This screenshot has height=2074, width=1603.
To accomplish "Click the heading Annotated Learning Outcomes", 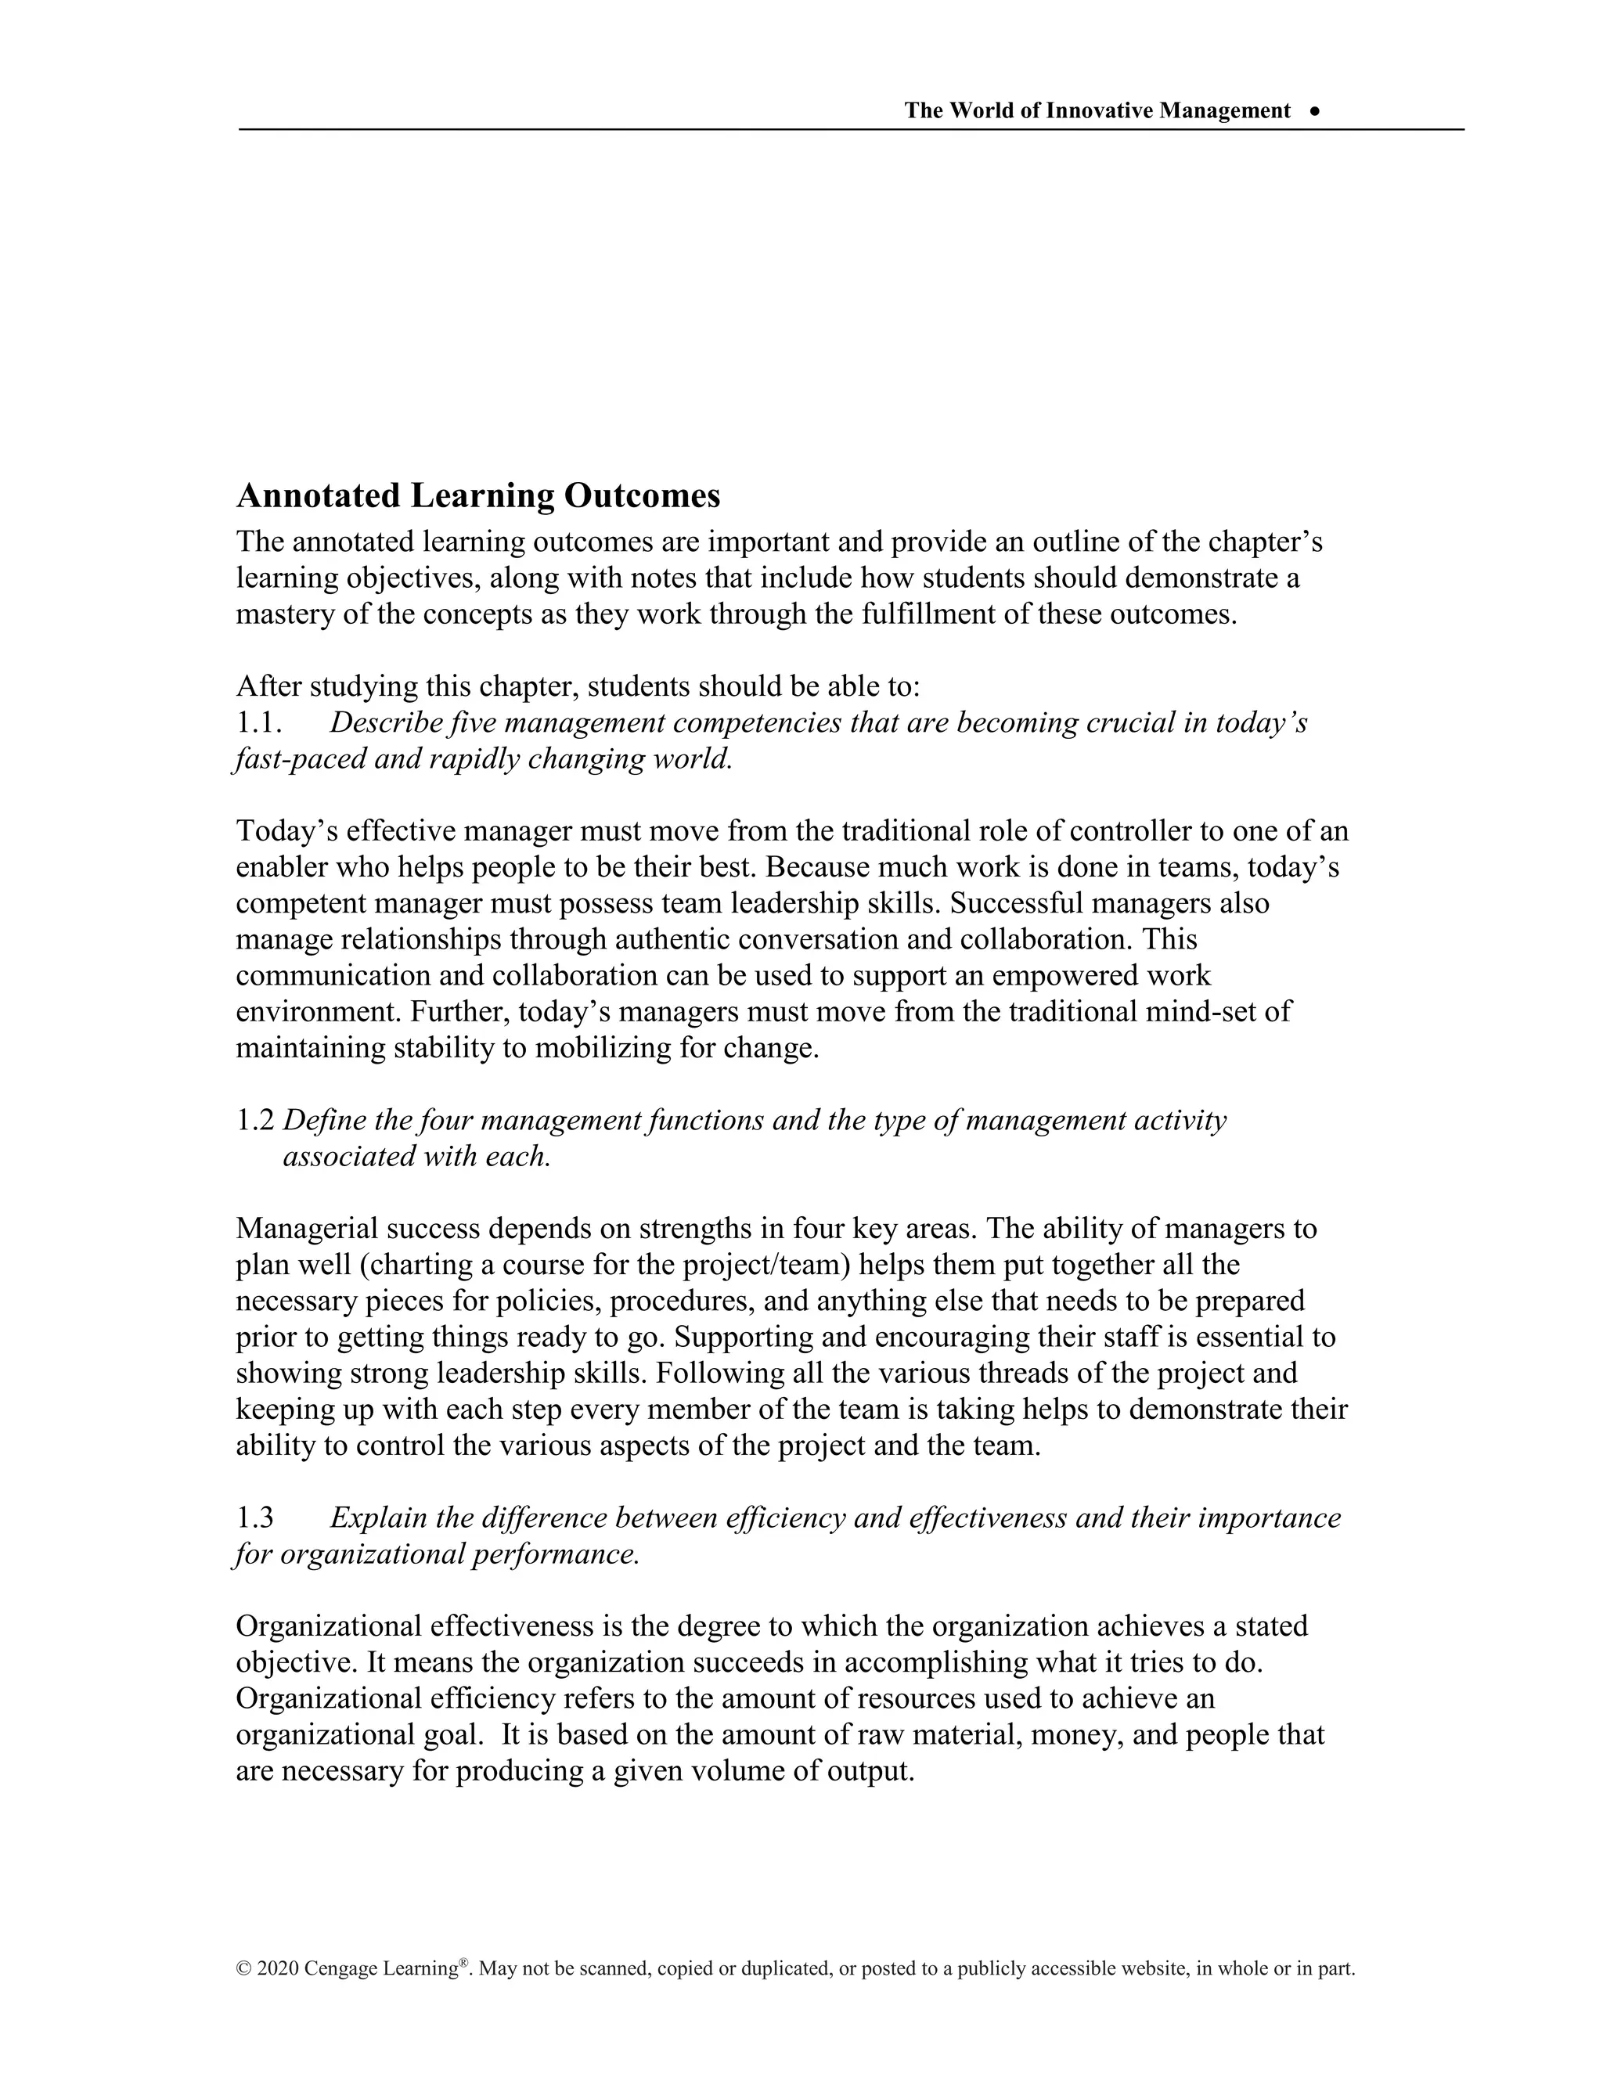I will pyautogui.click(x=477, y=495).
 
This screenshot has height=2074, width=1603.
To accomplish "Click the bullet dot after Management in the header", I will pyautogui.click(x=1314, y=111).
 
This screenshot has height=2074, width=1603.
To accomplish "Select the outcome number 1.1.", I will pyautogui.click(x=259, y=724).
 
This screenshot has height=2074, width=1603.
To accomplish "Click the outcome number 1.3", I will pyautogui.click(x=254, y=1518).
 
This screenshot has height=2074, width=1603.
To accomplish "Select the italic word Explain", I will pyautogui.click(x=378, y=1518).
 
